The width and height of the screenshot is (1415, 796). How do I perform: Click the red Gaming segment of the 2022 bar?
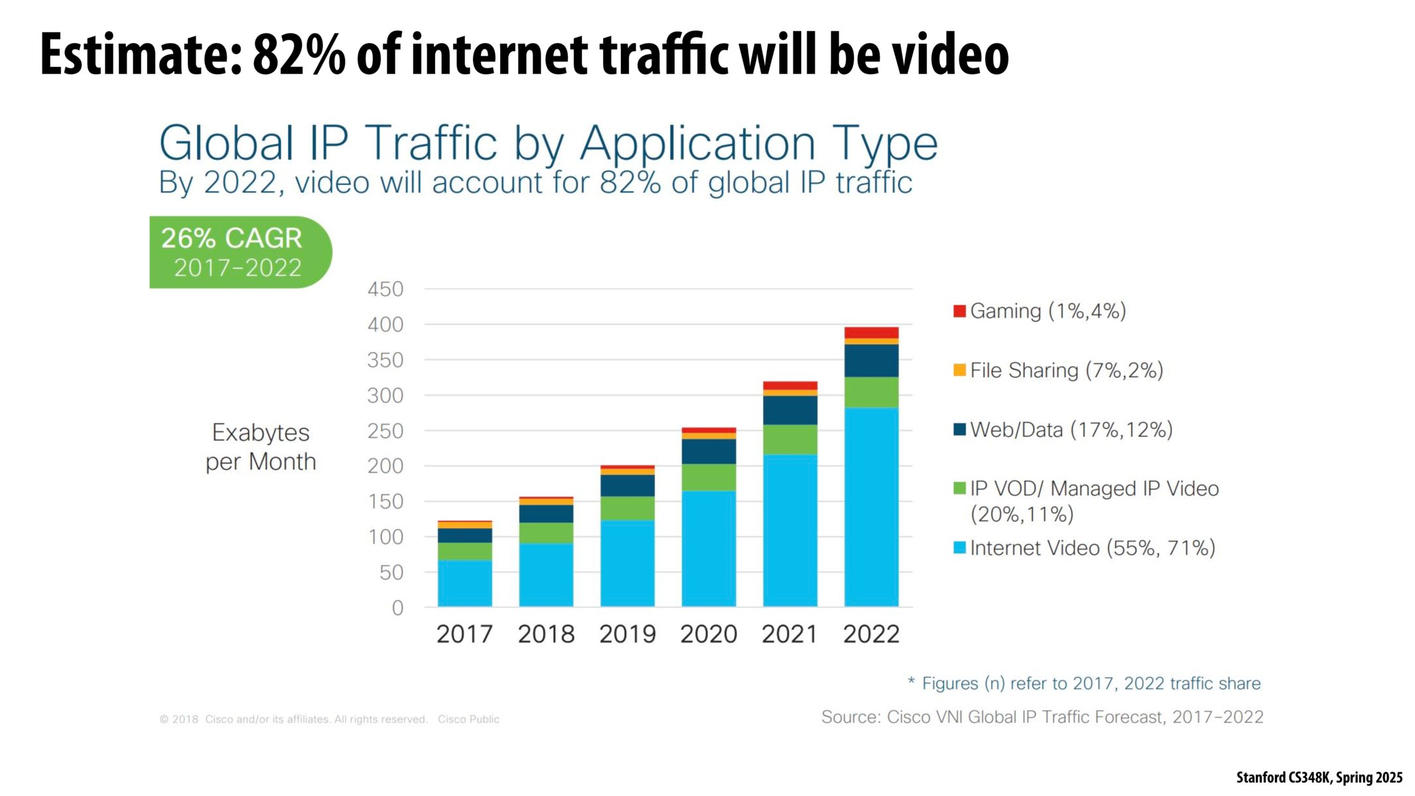point(871,332)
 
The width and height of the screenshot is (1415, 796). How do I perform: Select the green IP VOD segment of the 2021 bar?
point(789,439)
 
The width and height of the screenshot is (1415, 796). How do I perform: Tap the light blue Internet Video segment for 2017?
point(464,583)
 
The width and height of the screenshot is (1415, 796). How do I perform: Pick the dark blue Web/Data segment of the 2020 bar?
point(708,451)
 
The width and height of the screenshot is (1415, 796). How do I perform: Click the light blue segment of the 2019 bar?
point(627,563)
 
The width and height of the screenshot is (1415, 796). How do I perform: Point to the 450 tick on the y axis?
point(385,289)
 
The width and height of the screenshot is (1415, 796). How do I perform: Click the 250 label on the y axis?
point(385,431)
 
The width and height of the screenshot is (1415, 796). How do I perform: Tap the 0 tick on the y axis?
point(397,608)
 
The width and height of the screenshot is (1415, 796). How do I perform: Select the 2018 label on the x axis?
point(546,634)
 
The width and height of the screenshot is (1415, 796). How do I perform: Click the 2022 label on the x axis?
point(871,634)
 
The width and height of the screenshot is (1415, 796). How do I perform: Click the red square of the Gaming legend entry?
point(959,311)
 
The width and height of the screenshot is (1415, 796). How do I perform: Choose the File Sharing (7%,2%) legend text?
point(1066,370)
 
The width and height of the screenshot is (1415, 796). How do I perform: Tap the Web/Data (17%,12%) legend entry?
point(1071,430)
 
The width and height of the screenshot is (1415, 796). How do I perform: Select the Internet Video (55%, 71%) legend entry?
point(1092,548)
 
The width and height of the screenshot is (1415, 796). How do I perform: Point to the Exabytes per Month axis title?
point(261,447)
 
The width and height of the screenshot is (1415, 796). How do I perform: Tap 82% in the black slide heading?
point(299,54)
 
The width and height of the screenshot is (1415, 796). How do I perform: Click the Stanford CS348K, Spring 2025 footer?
point(1319,777)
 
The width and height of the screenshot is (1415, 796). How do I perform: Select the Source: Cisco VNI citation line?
point(1042,717)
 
